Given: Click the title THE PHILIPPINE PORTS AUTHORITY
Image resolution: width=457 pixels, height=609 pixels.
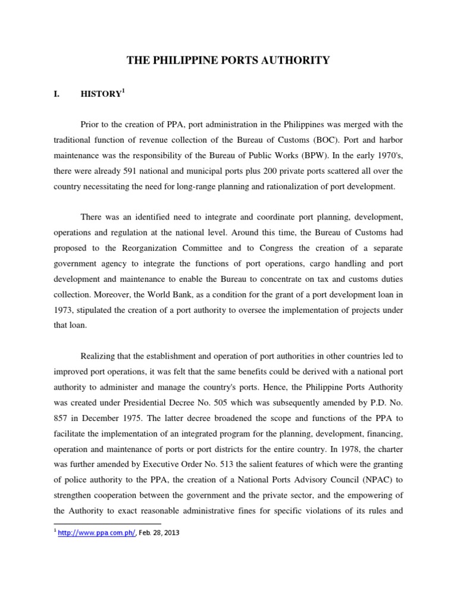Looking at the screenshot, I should tap(228, 60).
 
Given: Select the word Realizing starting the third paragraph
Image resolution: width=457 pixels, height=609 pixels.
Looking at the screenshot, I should tap(101, 356).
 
